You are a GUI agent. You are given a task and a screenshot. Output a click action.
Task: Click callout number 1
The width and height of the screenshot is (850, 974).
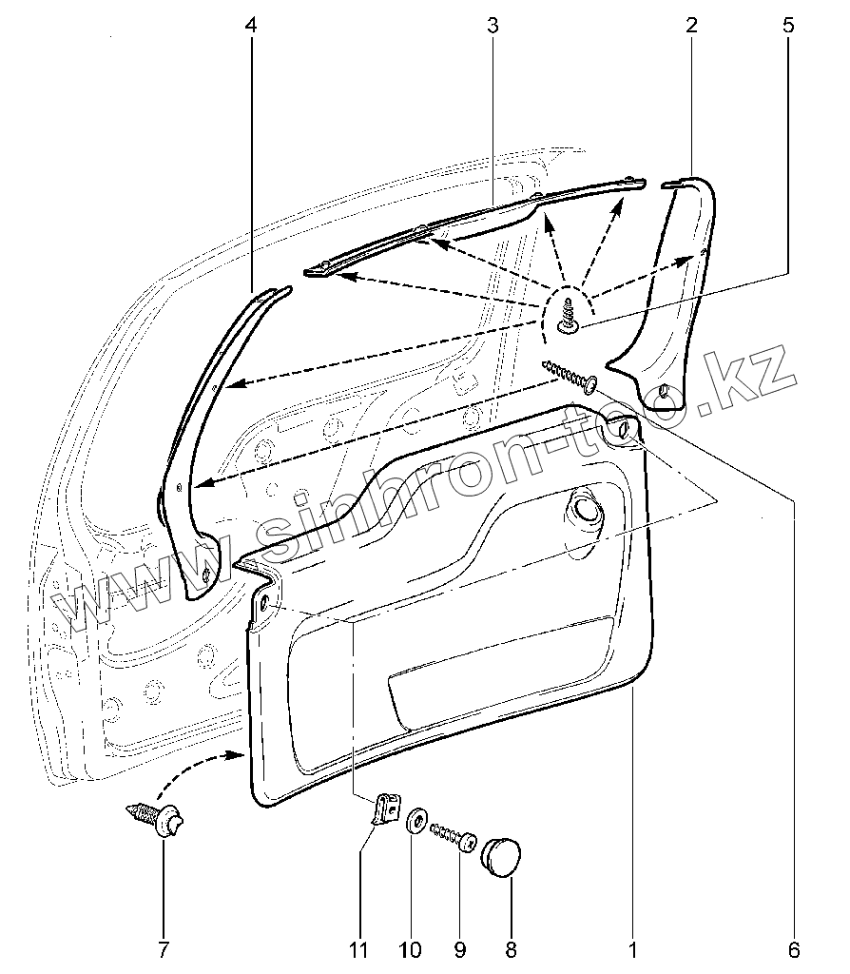coord(632,948)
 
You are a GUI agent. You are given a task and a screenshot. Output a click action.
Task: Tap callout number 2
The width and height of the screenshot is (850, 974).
coord(691,26)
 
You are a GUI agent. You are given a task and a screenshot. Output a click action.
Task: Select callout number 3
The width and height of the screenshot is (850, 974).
coord(493,26)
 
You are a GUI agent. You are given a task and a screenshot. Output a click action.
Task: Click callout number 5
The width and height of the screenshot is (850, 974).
coord(788,26)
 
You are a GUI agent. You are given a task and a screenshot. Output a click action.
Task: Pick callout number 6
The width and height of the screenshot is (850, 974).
coord(795,948)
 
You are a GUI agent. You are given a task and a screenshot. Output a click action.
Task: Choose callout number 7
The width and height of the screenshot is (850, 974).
coord(163,948)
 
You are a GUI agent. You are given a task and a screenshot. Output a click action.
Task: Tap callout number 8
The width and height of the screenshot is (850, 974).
coord(511,948)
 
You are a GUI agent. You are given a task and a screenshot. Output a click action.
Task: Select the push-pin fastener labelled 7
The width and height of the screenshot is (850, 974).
coord(157,818)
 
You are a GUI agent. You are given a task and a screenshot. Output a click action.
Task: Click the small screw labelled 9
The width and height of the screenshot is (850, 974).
coord(454,836)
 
